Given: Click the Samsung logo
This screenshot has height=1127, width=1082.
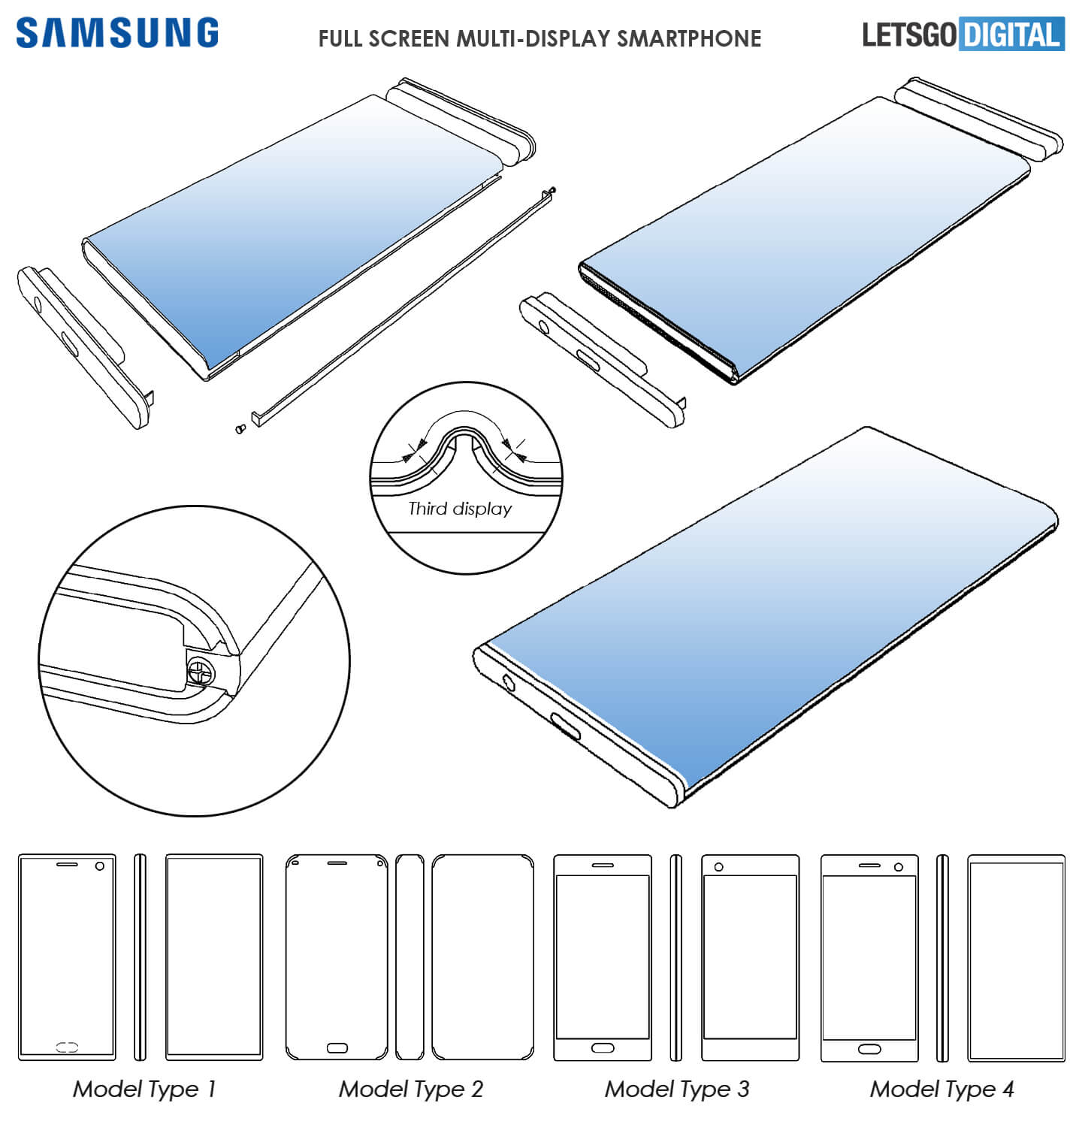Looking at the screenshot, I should coord(117,34).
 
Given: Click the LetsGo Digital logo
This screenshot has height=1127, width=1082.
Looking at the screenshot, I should coord(963,35).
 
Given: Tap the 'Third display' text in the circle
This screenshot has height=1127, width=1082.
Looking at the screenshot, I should coord(460,509).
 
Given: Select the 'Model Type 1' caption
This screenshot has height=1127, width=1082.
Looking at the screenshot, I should coord(144,1089).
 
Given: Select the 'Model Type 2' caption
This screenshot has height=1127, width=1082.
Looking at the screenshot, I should coord(411,1089).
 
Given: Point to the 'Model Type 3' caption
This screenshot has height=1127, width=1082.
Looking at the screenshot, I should coord(677,1089).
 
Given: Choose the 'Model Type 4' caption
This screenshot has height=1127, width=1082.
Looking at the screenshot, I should coord(942,1089).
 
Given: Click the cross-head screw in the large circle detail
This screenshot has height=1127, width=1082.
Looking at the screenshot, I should coord(201,670).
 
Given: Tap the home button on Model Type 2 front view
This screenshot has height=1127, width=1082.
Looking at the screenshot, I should coord(337,1047).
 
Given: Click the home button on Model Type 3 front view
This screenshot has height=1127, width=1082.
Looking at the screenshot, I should coord(603,1047).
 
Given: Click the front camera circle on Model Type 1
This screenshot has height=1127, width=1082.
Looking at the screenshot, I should coord(100,866).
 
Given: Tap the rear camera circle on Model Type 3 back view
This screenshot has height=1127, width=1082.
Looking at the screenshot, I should coord(719,867).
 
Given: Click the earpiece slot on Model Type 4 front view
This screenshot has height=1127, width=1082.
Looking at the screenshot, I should coord(869,866).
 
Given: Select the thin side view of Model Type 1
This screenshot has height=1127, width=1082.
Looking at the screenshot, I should coord(140,956).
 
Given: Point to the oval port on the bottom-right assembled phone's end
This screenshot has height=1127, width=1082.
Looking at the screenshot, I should coord(565,726).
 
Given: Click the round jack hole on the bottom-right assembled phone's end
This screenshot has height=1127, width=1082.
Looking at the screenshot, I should coord(509,683).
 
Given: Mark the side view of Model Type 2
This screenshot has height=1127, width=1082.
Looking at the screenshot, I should coord(410,956).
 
